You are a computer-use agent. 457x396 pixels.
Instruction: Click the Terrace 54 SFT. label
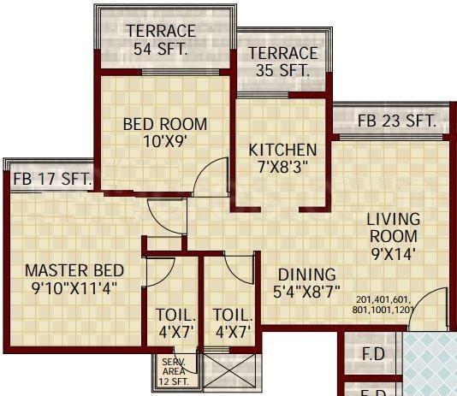coord(161,39)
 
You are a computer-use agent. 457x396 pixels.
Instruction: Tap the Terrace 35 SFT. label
coord(283,62)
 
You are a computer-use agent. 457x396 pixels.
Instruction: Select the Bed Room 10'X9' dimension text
coord(165,141)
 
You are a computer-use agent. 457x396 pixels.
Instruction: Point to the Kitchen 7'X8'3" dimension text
coord(282,167)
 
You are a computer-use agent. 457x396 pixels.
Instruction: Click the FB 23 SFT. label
coord(397,121)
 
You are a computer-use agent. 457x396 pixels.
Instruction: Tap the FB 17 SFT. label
coord(52,179)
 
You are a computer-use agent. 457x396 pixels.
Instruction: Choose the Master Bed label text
coord(74,270)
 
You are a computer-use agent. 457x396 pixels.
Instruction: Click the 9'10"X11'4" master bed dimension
coord(74,288)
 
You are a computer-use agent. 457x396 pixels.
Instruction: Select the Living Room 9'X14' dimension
coord(393,254)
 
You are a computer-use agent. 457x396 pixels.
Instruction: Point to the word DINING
coord(307,275)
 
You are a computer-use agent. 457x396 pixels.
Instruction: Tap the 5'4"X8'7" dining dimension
coord(306,292)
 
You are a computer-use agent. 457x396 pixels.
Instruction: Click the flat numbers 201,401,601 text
coord(383,299)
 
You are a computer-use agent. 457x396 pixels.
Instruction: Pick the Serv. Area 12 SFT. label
coord(174,371)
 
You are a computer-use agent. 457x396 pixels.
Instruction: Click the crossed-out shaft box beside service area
coord(229,371)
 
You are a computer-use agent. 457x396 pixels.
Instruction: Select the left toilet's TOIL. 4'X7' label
coord(175,323)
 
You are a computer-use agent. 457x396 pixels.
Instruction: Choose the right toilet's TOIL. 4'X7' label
coord(233,323)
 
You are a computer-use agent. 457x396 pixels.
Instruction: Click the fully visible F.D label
coord(373,354)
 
